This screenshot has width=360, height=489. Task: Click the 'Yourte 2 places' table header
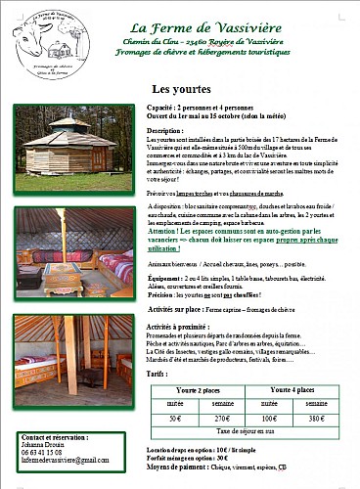coord(197,389)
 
